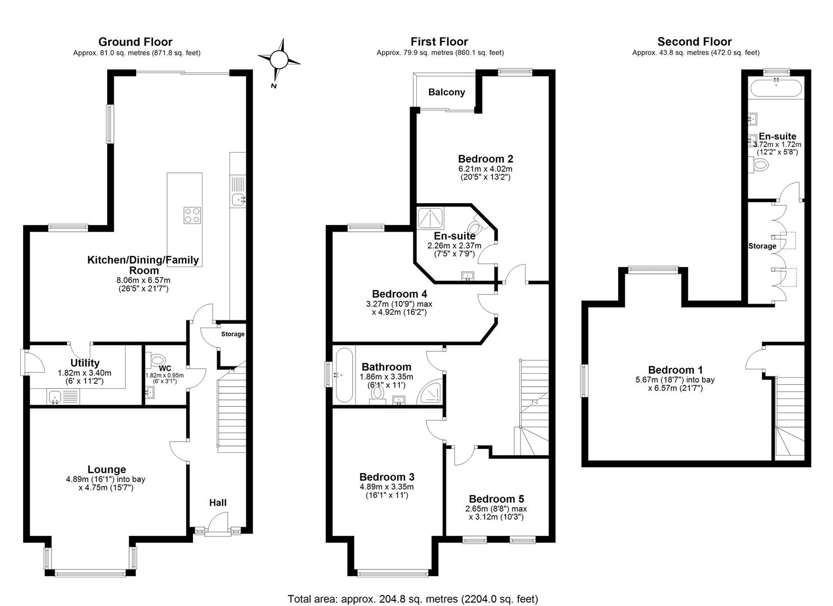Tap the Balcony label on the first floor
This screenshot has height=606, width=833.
tap(447, 92)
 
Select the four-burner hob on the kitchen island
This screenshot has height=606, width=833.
tap(192, 215)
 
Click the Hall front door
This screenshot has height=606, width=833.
tap(218, 529)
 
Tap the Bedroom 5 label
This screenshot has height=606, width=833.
tap(496, 499)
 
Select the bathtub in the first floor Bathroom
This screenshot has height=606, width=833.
tap(344, 375)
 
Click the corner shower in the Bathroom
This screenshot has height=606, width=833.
tap(432, 393)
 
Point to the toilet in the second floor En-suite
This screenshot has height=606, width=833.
tap(760, 165)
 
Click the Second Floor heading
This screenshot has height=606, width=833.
tap(694, 42)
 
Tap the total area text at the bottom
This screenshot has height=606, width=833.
tap(412, 599)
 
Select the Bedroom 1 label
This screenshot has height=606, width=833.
tap(675, 370)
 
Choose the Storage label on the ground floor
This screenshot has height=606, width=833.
tap(232, 334)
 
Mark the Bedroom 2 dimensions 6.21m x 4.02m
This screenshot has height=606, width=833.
tap(485, 168)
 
